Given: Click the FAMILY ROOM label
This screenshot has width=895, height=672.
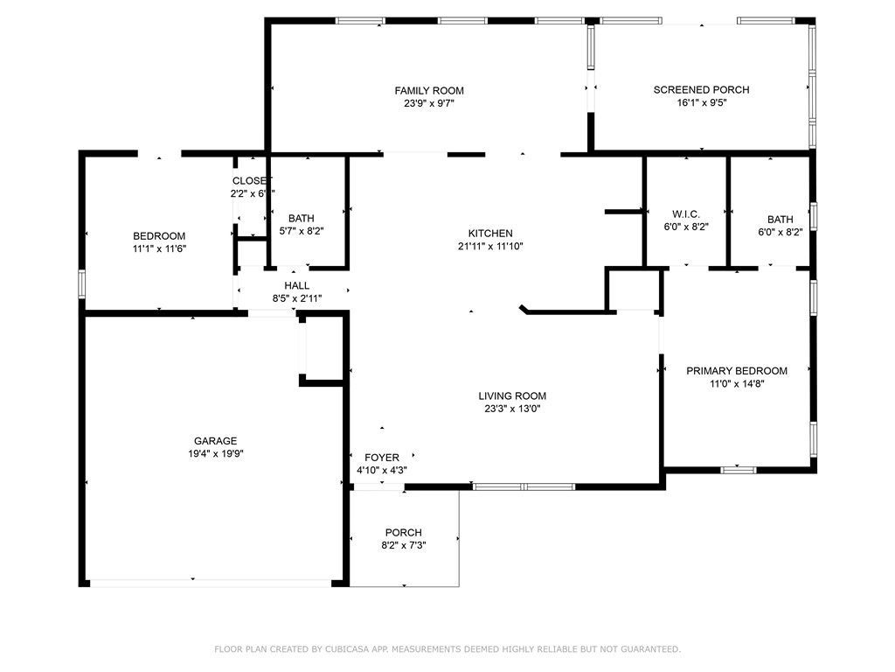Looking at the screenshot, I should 428,90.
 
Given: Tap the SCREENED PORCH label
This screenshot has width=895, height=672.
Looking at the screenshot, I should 701,89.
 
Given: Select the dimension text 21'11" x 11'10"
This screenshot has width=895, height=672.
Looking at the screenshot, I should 490,246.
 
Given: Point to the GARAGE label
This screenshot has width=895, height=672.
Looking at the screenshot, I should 215,441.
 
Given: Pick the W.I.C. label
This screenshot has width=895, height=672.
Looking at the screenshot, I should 686,213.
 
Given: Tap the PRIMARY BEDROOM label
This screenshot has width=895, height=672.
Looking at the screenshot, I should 736,371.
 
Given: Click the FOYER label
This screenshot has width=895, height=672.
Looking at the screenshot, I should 382,458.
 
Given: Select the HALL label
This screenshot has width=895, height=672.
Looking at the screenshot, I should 296,286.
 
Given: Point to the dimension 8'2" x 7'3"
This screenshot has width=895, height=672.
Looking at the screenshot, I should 404,545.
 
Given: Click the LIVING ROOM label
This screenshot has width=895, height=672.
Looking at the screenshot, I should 512,395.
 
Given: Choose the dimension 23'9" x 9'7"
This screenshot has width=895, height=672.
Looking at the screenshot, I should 428,102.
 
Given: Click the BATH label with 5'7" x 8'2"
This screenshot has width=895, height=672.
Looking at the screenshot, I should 302,219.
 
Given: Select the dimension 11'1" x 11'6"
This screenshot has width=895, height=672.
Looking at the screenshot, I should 159,248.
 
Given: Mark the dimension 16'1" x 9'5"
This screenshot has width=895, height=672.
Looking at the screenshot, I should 701,101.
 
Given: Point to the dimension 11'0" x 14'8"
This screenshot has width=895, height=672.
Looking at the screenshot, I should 736,383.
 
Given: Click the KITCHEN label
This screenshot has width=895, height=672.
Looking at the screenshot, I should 490,234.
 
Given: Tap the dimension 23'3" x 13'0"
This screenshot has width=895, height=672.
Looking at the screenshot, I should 512,408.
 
